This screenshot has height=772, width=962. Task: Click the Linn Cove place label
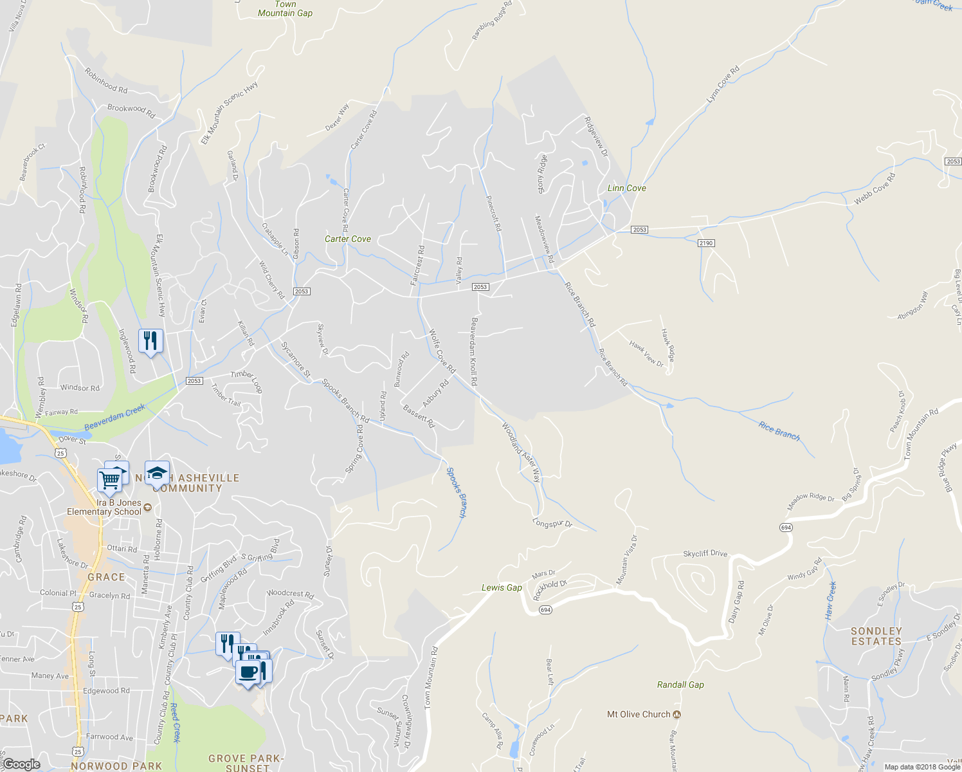point(626,188)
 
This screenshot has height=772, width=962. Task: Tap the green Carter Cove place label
point(347,239)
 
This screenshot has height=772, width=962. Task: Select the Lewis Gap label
point(502,587)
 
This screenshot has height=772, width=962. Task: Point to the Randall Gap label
point(680,685)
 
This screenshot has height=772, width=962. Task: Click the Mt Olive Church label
point(639,714)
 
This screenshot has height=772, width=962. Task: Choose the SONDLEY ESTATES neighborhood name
point(876,636)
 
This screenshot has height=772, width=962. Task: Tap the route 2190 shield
point(706,243)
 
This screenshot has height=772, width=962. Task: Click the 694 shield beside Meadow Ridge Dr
point(786,528)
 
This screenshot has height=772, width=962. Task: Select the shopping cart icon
point(109,479)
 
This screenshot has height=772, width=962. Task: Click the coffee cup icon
point(248,672)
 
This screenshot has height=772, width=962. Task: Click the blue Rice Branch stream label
point(779,431)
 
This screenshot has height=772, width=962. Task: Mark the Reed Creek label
point(175,722)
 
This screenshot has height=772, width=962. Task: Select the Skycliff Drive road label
point(705,553)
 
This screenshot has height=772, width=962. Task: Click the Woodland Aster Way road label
point(521,452)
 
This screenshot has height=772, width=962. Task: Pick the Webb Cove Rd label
point(874,189)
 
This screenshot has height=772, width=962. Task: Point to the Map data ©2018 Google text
point(921,767)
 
